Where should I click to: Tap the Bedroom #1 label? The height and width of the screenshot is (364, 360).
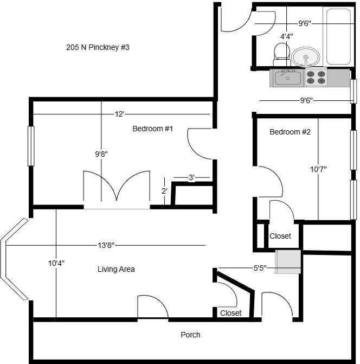pos(152,129)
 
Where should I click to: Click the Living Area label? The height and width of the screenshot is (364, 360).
pos(116,269)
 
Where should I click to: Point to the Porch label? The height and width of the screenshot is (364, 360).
pos(190,335)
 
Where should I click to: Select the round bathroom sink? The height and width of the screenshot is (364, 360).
pos(306,56)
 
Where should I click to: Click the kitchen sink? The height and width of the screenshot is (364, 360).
pos(287,78)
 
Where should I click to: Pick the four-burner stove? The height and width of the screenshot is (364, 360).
pos(315,78)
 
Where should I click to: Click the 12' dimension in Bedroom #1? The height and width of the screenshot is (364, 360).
pos(119,114)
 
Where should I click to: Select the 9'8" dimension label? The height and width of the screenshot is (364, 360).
pos(101,154)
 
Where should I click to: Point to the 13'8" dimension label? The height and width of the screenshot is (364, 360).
pos(106,245)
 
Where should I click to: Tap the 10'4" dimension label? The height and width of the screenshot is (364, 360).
pos(56,263)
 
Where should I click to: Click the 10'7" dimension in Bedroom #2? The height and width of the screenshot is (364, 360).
pos(318,169)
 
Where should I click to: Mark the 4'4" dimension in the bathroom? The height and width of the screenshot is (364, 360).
pos(287,36)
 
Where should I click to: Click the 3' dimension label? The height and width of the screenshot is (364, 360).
pos(192,177)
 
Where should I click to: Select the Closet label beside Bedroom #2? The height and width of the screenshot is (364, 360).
pos(280,236)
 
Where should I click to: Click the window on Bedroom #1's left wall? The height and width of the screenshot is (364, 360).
pos(31,145)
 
